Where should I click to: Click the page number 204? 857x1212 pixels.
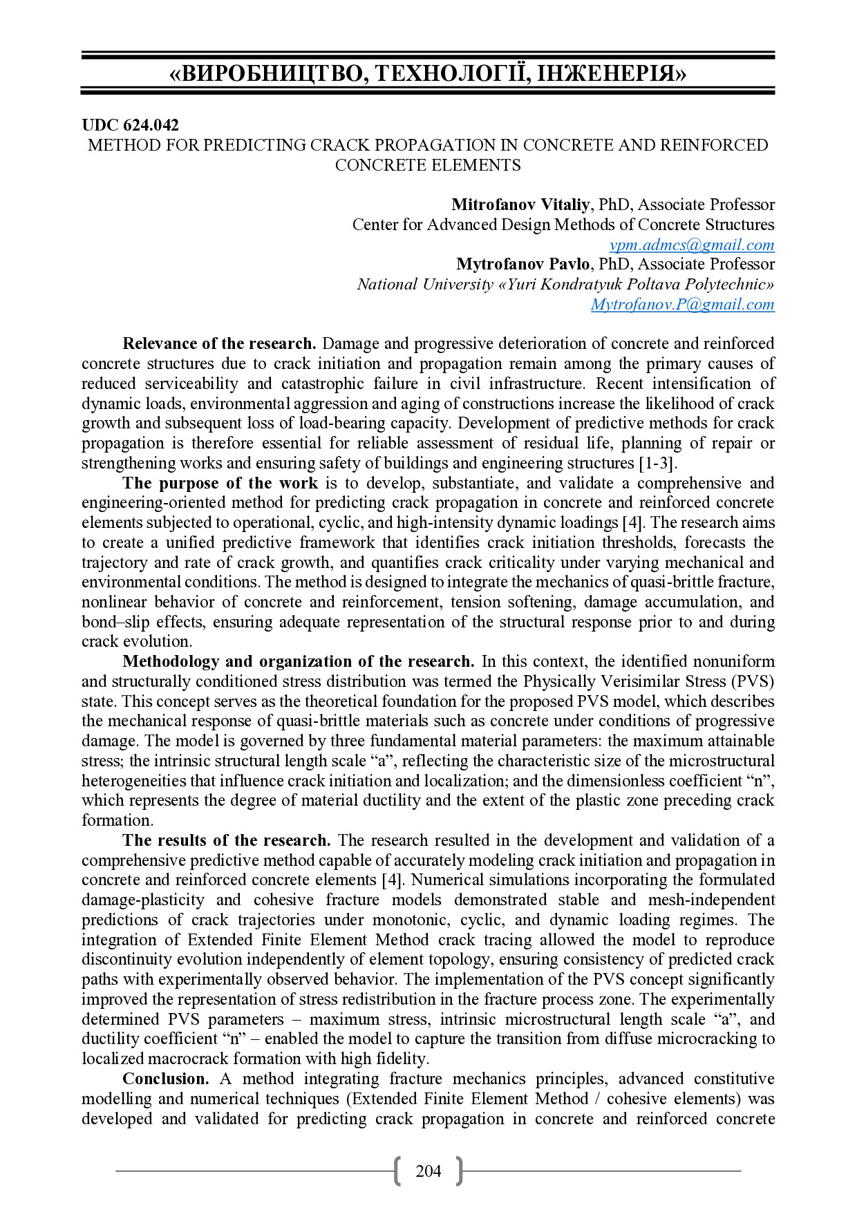tap(428, 1171)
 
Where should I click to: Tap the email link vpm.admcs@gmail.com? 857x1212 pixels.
tap(692, 245)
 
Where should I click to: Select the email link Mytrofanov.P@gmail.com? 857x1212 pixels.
tap(682, 304)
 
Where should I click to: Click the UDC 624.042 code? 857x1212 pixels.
tap(130, 125)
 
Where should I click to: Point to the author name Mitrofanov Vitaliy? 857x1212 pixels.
tap(520, 205)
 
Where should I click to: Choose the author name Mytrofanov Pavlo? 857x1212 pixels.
tap(523, 264)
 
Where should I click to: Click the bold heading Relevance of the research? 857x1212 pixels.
tap(219, 343)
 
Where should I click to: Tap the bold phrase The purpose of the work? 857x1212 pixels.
tap(220, 483)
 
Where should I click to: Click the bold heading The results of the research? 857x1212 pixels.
tap(226, 840)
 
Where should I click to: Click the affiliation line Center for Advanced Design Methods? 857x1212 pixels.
tap(563, 225)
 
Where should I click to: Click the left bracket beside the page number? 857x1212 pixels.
tap(397, 1171)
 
